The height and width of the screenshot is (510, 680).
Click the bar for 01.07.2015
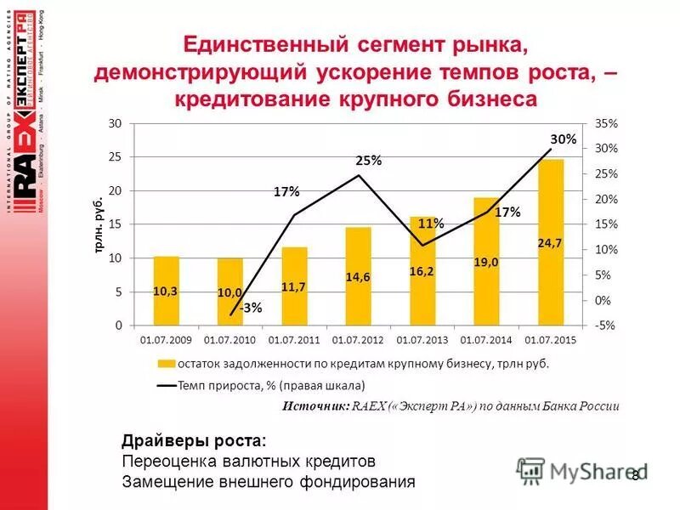tap(551, 242)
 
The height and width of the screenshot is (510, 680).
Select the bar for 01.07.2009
tap(166, 291)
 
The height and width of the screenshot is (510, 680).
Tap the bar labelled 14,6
tap(358, 276)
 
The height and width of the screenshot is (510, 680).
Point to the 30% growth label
tap(563, 139)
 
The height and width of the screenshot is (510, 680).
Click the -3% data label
tap(250, 308)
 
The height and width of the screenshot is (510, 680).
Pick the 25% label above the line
tap(368, 161)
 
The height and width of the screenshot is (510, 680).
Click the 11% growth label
tap(431, 224)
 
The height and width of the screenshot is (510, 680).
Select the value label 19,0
tap(486, 263)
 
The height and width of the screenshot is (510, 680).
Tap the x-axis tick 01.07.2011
tap(294, 340)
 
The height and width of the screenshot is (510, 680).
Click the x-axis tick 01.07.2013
tap(422, 340)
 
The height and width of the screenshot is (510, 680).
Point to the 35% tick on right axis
tap(607, 123)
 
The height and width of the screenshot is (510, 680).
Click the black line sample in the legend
tap(167, 385)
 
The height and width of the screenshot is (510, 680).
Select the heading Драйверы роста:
tap(194, 440)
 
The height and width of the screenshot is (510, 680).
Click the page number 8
tap(635, 474)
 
